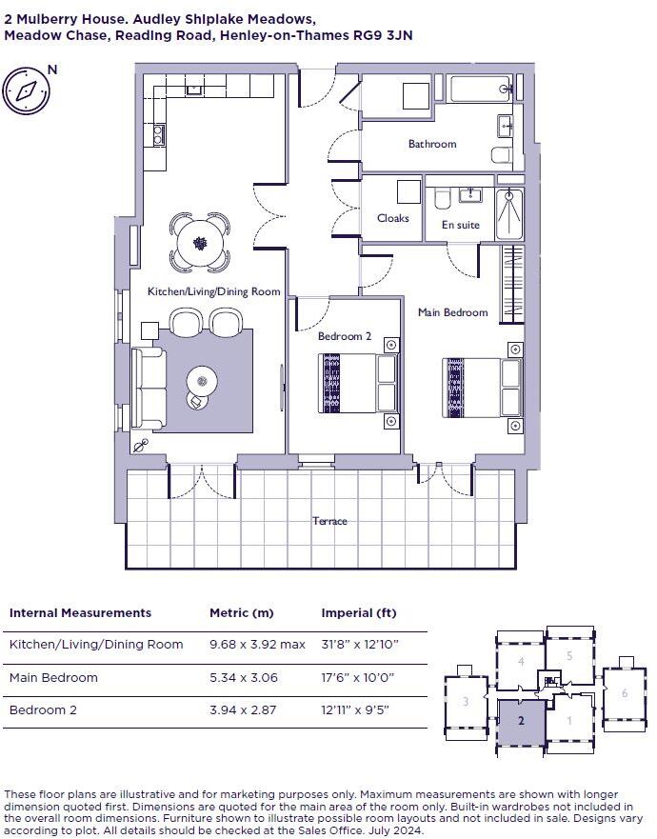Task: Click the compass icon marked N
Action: tap(26, 90)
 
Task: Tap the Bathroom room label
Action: tap(432, 145)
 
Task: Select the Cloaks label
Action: tap(392, 218)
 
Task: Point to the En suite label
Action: tap(461, 226)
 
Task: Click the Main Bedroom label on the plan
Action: tap(452, 312)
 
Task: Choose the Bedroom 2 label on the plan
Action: tap(345, 336)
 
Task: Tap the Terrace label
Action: tap(329, 521)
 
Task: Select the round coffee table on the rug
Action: tap(202, 383)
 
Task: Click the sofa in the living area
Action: tap(149, 388)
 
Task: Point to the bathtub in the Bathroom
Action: tap(481, 91)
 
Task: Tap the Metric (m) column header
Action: tap(241, 613)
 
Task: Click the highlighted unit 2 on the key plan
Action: tap(521, 722)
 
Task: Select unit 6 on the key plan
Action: tap(625, 693)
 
